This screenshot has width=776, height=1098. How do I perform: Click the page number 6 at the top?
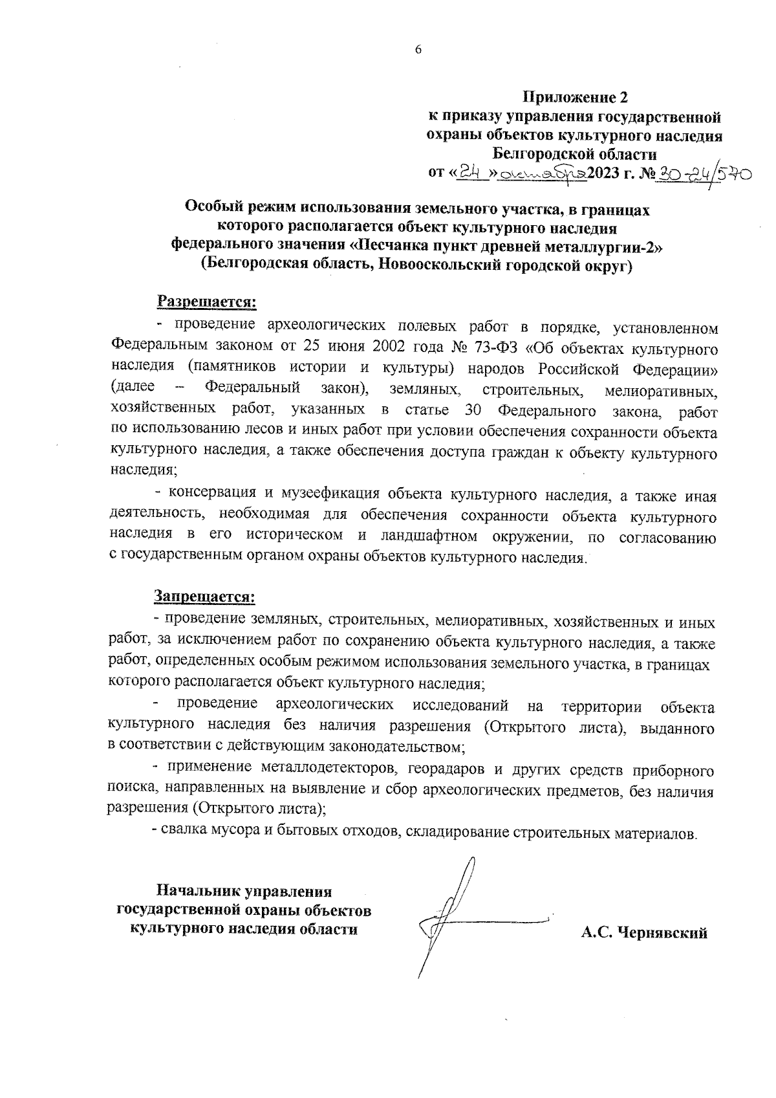point(418,50)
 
